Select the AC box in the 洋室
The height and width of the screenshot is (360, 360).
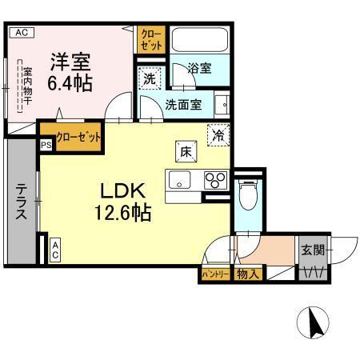tap(22, 33)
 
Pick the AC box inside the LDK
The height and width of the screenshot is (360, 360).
tap(56, 250)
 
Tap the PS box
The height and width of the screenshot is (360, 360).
tap(45, 146)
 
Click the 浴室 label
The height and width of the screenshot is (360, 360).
tap(199, 68)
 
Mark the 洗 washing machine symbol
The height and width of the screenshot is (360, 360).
tap(150, 79)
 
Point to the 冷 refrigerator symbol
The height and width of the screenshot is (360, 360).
tap(217, 135)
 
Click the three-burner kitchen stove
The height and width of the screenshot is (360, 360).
tap(214, 180)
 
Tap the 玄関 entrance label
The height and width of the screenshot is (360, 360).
tap(313, 250)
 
